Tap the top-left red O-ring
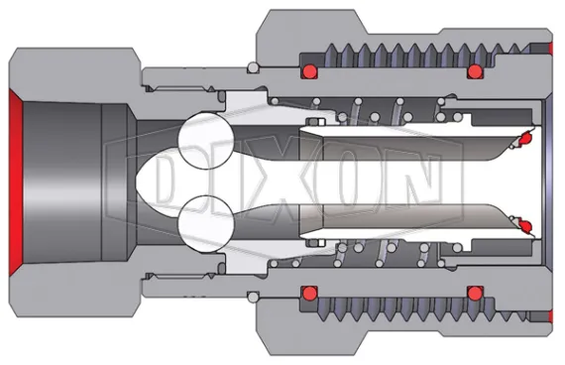(309, 71)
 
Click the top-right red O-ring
(474, 71)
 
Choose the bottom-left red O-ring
(309, 294)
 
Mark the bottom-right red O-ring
(474, 294)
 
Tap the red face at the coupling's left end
(15, 182)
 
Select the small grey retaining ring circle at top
(254, 67)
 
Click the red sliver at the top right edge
(550, 47)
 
